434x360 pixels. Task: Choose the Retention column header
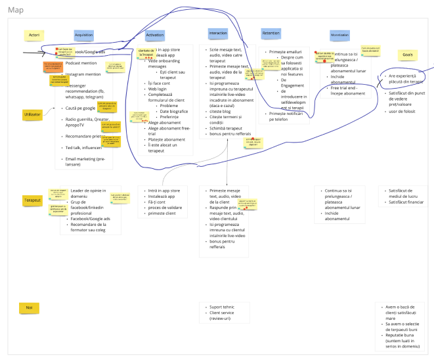click(x=271, y=33)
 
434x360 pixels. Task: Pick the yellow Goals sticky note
click(x=407, y=55)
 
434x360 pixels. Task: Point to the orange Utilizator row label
click(x=33, y=114)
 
